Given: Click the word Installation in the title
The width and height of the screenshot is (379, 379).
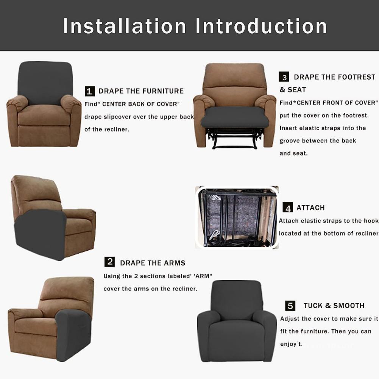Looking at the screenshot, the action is (x=124, y=26).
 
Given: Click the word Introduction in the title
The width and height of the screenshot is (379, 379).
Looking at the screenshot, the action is (x=261, y=26).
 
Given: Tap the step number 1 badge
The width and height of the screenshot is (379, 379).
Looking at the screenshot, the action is (x=90, y=91).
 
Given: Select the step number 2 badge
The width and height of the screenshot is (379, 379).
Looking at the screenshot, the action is (x=109, y=262).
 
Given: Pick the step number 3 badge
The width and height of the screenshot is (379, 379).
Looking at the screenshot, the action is (x=284, y=77).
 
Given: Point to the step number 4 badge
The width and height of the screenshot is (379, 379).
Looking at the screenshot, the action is (x=288, y=207).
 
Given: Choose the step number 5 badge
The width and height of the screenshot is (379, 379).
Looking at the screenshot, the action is (x=290, y=306).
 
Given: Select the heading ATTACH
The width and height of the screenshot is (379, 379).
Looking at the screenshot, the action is (x=310, y=207).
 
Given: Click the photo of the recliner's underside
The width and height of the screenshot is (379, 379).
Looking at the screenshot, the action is (x=237, y=217).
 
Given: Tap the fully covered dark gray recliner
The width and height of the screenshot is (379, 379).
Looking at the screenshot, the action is (x=237, y=321).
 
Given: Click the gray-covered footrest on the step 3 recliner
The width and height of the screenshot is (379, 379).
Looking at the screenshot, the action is (x=234, y=118).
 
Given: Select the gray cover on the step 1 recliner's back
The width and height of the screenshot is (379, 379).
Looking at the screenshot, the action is (x=45, y=82).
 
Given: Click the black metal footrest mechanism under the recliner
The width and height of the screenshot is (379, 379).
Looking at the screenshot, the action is (x=234, y=138).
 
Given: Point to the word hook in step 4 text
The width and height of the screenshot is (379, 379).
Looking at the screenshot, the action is (x=372, y=220).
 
